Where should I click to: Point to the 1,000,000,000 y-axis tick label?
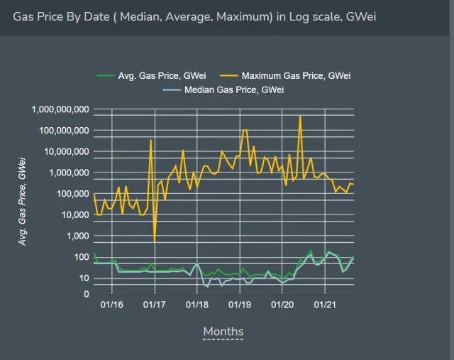click(x=60, y=109)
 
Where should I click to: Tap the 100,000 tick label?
click(x=72, y=194)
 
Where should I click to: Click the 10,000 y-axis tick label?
click(x=74, y=214)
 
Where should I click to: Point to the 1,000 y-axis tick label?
click(x=77, y=236)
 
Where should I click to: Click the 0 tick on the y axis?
click(x=85, y=293)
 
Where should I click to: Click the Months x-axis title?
click(x=223, y=332)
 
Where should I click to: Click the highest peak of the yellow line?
click(x=300, y=116)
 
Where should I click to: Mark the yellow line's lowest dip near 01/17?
click(x=155, y=242)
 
